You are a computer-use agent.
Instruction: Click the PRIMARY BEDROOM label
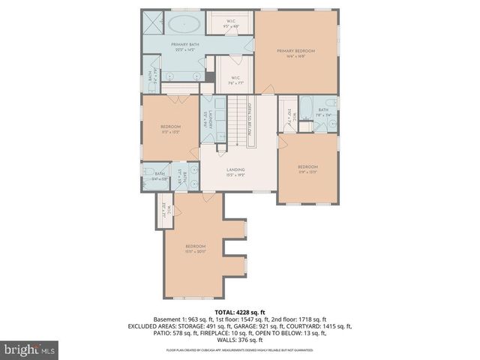[295, 51]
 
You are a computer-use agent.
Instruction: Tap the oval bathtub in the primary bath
[182, 23]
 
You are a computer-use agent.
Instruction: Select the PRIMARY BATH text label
[183, 45]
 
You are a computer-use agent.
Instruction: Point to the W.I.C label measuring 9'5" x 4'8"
[231, 23]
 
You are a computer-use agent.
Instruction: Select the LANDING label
[236, 169]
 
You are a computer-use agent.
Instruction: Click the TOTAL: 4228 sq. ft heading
[239, 311]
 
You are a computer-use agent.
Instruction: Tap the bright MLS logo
[31, 349]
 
